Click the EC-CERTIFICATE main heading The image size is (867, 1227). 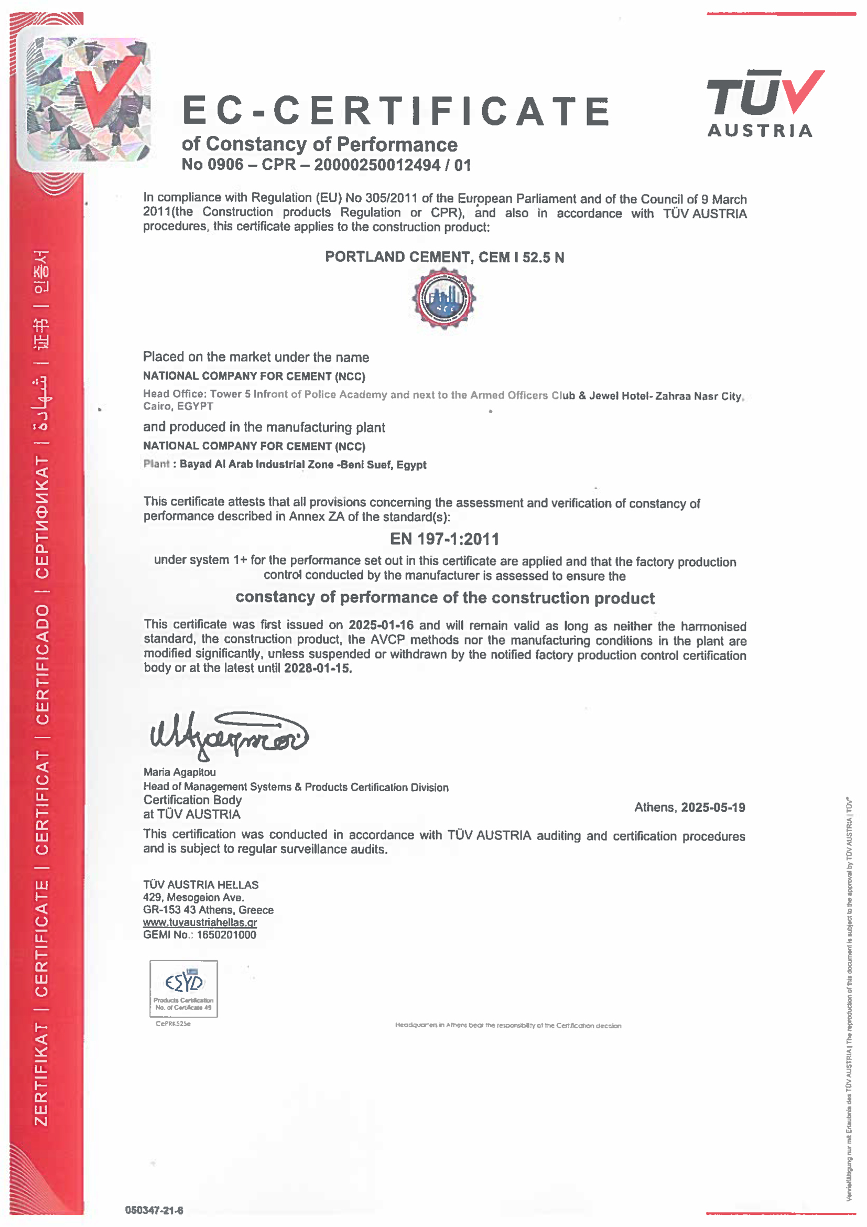point(395,111)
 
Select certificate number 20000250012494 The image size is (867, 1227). point(377,165)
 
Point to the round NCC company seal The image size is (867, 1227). point(444,298)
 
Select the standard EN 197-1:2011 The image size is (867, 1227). point(444,539)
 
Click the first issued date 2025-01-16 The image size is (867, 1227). point(381,625)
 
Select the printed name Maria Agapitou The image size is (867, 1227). point(179,772)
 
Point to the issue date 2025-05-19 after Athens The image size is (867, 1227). point(712,808)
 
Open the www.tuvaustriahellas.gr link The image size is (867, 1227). point(200,922)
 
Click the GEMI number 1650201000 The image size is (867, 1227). point(226,935)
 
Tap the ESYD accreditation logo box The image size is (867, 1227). point(183,988)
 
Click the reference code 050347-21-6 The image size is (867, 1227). point(154,1210)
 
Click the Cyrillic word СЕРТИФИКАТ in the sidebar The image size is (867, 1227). point(41,517)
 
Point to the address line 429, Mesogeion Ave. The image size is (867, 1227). point(193,897)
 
